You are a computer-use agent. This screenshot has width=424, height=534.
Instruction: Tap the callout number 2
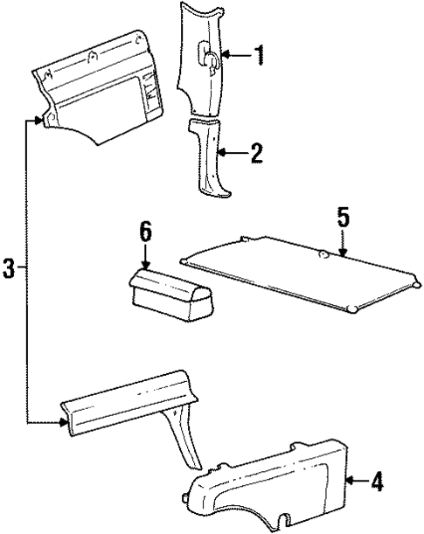point(255,155)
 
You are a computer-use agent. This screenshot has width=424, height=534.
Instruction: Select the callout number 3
point(10,267)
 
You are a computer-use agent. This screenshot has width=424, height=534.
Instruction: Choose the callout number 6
point(145,232)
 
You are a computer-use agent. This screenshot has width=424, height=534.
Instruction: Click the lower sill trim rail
point(122,402)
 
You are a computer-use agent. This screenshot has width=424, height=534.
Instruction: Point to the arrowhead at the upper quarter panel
point(38,121)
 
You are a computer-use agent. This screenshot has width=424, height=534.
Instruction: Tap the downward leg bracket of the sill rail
point(186,437)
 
